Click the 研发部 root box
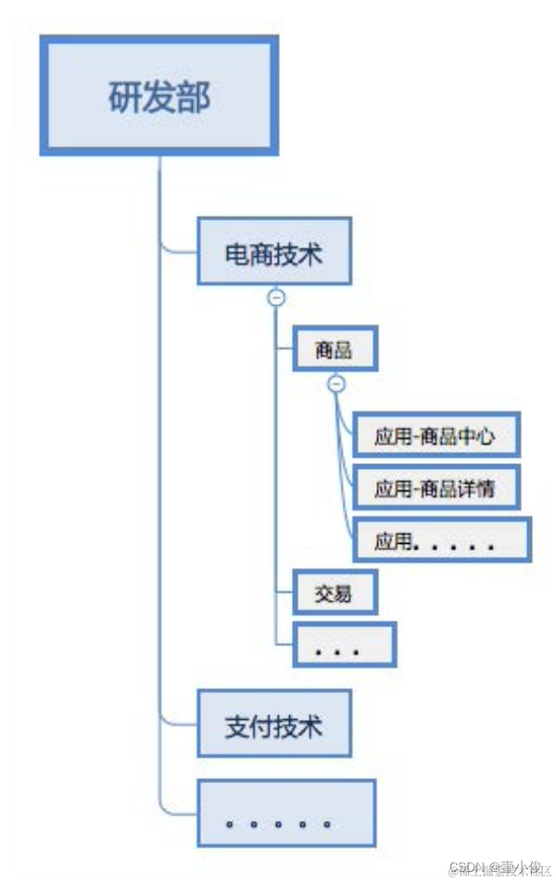158,95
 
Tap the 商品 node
334,350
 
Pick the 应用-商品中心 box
433,436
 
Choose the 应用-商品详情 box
433,488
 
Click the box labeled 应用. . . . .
442,540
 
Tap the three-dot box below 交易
344,645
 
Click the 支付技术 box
274,724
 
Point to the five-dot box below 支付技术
286,813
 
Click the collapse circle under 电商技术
276,297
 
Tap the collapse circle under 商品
336,384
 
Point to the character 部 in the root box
194,97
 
